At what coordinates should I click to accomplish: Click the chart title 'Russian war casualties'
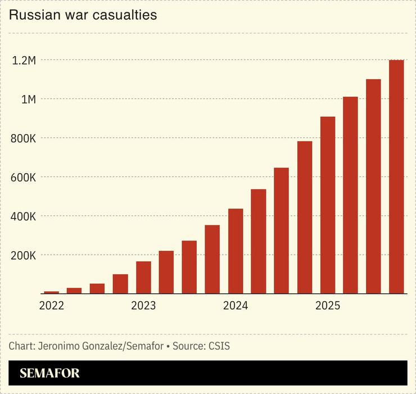[83, 15]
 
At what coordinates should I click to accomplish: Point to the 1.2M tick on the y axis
[24, 60]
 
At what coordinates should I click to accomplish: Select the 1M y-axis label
[28, 99]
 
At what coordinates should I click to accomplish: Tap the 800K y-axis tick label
[23, 138]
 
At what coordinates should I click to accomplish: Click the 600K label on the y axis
[23, 177]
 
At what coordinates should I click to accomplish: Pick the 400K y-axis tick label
[23, 216]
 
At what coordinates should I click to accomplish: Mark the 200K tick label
[23, 255]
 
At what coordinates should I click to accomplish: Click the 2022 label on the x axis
[51, 306]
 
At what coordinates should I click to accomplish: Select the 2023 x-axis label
[143, 306]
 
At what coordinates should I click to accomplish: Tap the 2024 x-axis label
[236, 306]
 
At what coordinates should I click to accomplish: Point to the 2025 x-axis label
[327, 306]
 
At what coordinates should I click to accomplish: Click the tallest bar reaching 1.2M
[396, 176]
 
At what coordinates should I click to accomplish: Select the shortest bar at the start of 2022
[51, 292]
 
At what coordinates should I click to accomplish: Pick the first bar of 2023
[143, 277]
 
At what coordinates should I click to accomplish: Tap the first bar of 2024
[236, 251]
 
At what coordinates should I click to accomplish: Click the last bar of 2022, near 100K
[120, 284]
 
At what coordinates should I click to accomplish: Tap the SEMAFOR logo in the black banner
[49, 373]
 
